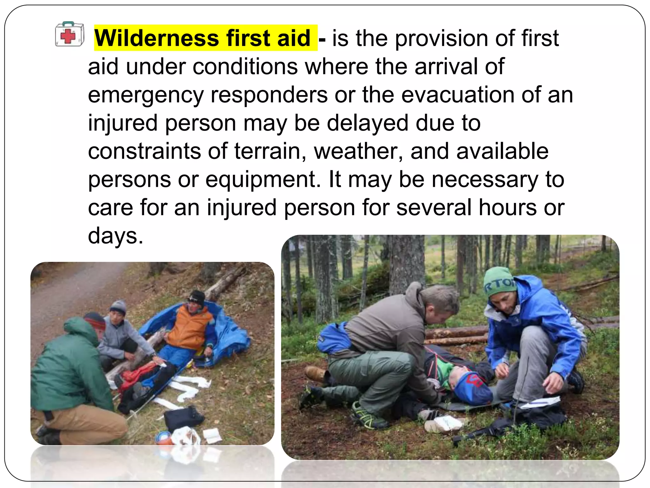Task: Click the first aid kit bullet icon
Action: (x=70, y=34)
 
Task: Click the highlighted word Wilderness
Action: (x=157, y=38)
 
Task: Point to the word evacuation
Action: (x=458, y=95)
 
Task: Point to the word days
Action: (x=116, y=236)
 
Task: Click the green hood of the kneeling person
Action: (x=81, y=330)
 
